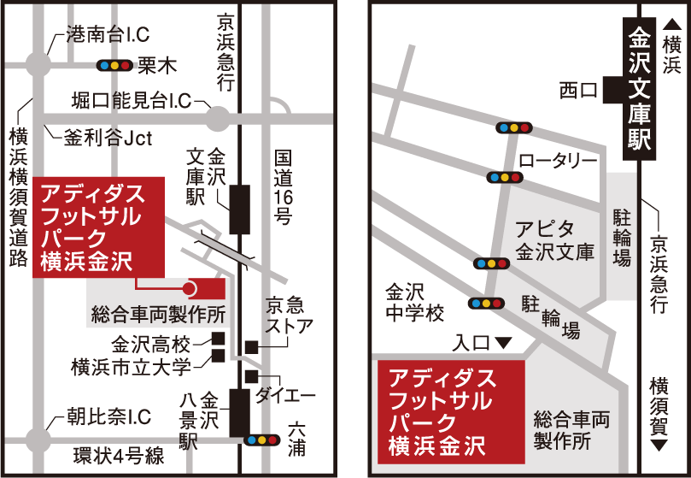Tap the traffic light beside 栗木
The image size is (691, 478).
coord(114,65)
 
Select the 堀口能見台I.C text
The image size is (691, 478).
coord(132,101)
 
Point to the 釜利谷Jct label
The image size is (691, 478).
coord(108,136)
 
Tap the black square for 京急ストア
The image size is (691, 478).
coord(251,346)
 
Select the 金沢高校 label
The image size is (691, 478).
coord(150,345)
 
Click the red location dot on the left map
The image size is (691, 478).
coord(190,289)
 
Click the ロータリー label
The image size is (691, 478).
coord(558,160)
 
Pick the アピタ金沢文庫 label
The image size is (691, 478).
coord(554,240)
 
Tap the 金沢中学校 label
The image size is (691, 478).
coord(414,302)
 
